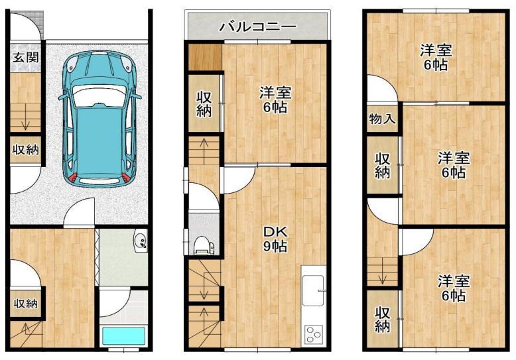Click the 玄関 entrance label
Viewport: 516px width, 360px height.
pos(26,57)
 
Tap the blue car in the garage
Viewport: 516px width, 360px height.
pos(99,119)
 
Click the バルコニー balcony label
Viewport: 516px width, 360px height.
pos(258,27)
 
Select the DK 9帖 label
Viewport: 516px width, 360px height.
pos(275,239)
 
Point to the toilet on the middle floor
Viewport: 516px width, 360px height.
pos(203,246)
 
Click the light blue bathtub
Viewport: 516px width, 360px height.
pos(123,335)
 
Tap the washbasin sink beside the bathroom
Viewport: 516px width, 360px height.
pos(141,240)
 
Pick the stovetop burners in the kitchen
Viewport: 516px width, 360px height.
pos(313,335)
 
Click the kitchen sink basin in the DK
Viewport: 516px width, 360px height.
pos(313,290)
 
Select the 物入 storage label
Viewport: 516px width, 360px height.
pos(382,119)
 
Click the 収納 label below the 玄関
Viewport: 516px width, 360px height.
pos(26,150)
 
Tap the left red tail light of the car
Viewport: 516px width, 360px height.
pos(73,178)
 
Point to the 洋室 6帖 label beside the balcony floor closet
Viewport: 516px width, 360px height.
pos(275,100)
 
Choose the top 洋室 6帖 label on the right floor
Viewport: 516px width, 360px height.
pos(436,58)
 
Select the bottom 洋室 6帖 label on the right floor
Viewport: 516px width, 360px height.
pos(454,288)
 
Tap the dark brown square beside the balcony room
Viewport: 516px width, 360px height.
pos(205,57)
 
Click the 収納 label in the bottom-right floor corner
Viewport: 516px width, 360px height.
pos(383,319)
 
